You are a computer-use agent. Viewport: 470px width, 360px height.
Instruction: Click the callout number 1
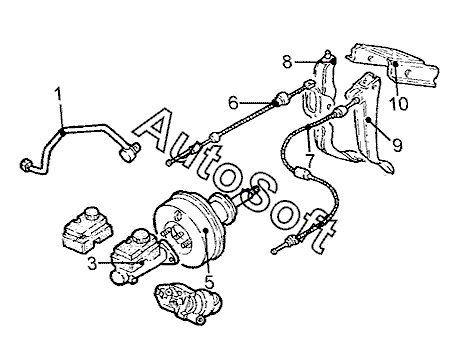click(58, 95)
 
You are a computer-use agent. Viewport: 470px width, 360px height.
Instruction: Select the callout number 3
click(92, 264)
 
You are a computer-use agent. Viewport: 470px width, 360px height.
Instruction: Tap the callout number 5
click(209, 282)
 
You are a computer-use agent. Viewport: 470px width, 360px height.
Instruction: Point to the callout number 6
click(233, 103)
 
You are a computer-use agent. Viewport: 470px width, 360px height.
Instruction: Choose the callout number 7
click(310, 161)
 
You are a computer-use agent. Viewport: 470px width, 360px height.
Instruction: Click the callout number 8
click(287, 61)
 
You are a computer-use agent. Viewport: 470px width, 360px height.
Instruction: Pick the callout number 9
click(397, 145)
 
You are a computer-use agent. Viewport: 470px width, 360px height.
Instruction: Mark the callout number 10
click(399, 104)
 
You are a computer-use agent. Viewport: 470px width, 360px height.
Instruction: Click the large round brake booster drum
click(187, 230)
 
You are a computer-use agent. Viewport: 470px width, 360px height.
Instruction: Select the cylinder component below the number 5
click(188, 303)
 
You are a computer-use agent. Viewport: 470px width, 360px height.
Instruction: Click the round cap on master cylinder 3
click(140, 235)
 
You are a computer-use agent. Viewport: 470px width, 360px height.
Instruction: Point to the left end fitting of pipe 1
click(27, 165)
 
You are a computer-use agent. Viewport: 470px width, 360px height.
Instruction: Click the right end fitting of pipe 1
click(130, 153)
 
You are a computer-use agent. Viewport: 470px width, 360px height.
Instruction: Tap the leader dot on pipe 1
click(62, 132)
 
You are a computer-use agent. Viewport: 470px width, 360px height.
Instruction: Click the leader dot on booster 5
click(206, 230)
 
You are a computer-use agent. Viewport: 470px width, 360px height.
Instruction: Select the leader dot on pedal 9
click(369, 119)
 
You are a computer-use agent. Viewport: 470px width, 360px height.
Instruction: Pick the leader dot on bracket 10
click(395, 63)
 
